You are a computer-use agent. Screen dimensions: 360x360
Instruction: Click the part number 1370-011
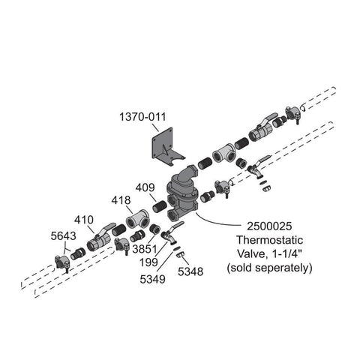142,117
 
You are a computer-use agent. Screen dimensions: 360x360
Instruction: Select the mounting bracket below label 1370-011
167,148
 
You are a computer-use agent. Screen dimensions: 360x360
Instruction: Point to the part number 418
121,200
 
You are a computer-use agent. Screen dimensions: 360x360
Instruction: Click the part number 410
84,220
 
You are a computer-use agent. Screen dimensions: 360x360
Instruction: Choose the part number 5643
63,236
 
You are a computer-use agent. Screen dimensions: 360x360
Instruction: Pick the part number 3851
145,249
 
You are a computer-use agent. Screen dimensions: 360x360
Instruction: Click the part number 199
148,262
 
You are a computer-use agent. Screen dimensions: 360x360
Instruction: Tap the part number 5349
152,279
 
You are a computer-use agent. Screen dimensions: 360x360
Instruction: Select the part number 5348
190,271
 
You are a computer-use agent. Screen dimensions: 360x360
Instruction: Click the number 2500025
269,226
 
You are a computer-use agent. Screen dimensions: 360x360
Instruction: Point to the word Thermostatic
270,240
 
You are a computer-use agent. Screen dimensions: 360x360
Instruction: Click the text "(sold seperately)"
269,268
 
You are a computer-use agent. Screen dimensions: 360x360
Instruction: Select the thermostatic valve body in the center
182,193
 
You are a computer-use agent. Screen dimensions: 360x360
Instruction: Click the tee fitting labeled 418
138,219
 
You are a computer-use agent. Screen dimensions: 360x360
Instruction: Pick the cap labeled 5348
180,256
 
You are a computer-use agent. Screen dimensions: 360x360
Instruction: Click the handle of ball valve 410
106,227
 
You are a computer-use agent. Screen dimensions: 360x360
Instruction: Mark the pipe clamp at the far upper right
292,114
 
